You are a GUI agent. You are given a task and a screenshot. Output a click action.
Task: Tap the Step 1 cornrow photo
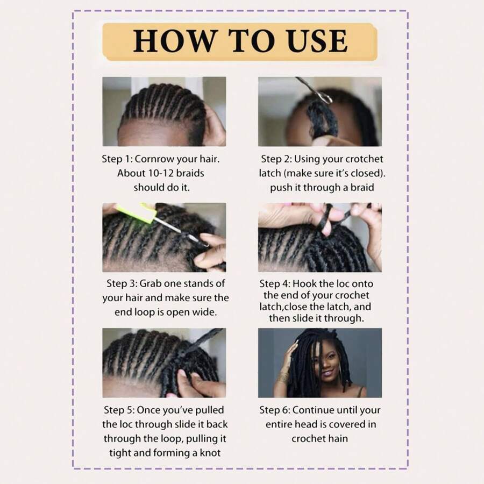[164, 111]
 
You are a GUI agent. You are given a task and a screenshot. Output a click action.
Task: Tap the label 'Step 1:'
[117, 159]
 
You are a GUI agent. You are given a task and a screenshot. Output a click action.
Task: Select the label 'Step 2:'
[276, 159]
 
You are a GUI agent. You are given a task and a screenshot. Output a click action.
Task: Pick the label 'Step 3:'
[122, 283]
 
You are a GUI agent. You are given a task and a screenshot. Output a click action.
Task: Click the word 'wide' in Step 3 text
[203, 311]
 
